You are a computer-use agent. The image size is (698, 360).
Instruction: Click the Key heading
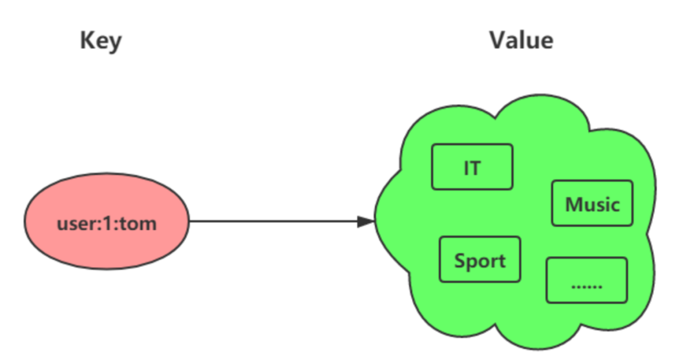tap(101, 41)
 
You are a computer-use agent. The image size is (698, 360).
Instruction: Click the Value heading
tap(521, 40)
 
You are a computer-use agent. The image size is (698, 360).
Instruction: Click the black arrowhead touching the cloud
tap(366, 221)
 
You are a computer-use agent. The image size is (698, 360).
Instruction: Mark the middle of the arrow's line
tap(278, 221)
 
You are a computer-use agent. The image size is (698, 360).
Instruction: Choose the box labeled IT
tap(472, 167)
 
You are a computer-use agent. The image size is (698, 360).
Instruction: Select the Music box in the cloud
tap(592, 203)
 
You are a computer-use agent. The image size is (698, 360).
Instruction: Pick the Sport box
tap(480, 259)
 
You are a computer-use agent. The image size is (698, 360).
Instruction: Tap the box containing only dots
tap(586, 280)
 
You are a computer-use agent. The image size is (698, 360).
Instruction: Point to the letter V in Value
tap(497, 40)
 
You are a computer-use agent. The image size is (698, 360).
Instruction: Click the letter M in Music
tap(573, 205)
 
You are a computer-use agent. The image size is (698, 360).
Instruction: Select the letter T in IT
tap(476, 169)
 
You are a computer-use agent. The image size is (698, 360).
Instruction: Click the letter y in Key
tap(114, 43)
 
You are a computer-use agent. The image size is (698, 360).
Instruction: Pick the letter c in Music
tap(615, 206)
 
